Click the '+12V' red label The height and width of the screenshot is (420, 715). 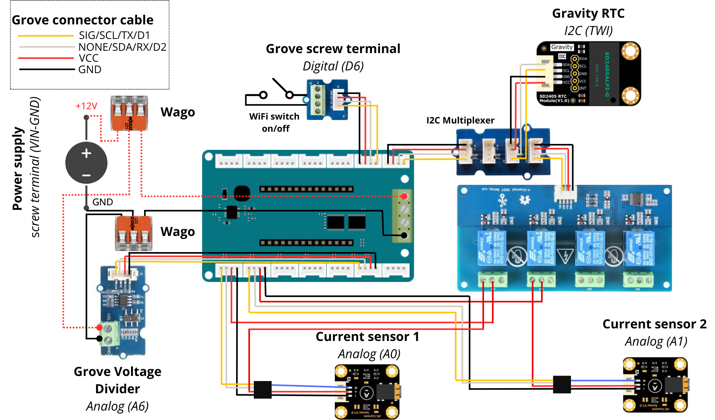pos(86,106)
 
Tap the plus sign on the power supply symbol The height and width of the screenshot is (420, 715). pos(87,153)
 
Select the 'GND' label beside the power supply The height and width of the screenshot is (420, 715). pos(103,202)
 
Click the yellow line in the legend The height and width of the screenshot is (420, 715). pos(46,36)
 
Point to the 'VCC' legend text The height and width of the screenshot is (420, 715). pos(89,58)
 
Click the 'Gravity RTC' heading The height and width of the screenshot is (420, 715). pos(588,13)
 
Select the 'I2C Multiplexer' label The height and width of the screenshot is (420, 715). pos(460,120)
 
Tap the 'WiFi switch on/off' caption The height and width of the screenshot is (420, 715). pos(275,122)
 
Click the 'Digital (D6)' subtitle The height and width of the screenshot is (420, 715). pos(333,66)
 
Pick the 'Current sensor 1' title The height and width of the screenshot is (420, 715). pos(367,337)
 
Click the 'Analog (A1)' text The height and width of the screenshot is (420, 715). pos(656,341)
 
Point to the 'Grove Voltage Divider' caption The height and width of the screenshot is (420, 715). pos(117,380)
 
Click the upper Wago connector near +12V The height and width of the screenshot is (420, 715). pos(129,113)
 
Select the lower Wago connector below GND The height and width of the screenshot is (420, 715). pos(134,233)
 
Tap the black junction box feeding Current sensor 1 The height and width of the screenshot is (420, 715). pos(262,389)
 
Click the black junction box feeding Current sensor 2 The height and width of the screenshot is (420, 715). pos(562,384)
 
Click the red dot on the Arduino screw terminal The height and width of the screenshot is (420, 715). pos(404,196)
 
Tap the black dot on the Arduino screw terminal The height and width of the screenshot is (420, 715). pos(404,235)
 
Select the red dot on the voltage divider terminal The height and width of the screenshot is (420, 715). pos(100,327)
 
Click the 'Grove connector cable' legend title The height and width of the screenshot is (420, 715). pos(83,20)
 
